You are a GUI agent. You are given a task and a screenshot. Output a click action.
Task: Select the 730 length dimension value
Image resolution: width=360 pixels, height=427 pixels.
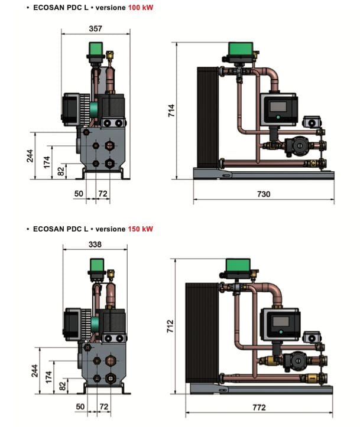[263, 194]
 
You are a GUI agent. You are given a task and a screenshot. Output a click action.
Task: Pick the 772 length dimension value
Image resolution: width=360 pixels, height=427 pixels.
[259, 407]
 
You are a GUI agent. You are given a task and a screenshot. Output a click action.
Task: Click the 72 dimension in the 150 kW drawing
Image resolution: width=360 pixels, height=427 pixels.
[103, 407]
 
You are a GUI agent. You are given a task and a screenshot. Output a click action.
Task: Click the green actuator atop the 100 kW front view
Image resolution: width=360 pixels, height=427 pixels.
[95, 48]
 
